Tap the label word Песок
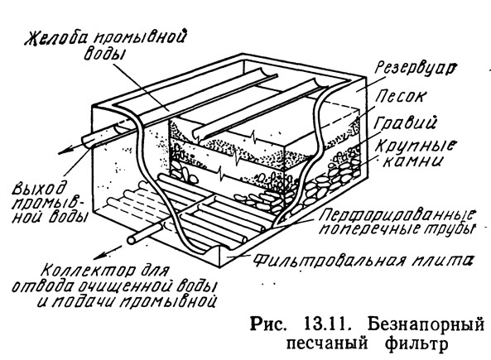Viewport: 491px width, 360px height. [401, 96]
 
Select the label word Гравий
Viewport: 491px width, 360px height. [405, 122]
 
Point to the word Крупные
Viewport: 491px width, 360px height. [416, 146]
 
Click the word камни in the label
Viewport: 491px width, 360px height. [412, 162]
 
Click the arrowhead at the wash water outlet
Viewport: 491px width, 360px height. [63, 152]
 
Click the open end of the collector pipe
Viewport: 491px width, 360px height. [132, 239]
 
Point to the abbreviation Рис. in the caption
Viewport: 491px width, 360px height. [268, 326]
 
